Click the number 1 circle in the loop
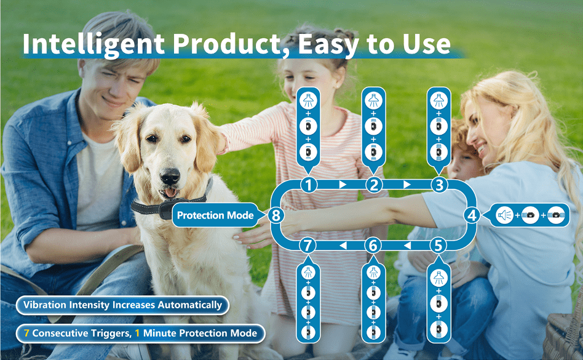point(308,185)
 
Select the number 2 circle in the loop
point(374,185)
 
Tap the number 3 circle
point(439,185)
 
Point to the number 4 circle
point(472,215)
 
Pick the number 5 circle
point(438,246)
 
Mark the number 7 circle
point(307,246)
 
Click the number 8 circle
point(276,215)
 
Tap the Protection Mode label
point(215,215)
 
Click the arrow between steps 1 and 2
point(343,185)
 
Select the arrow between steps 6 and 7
point(343,246)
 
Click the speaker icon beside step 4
point(504,215)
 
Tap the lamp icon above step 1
point(308,100)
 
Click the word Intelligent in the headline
point(93,44)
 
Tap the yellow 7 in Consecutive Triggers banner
point(26,333)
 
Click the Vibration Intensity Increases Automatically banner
point(122,305)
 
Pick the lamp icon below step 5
point(438,278)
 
